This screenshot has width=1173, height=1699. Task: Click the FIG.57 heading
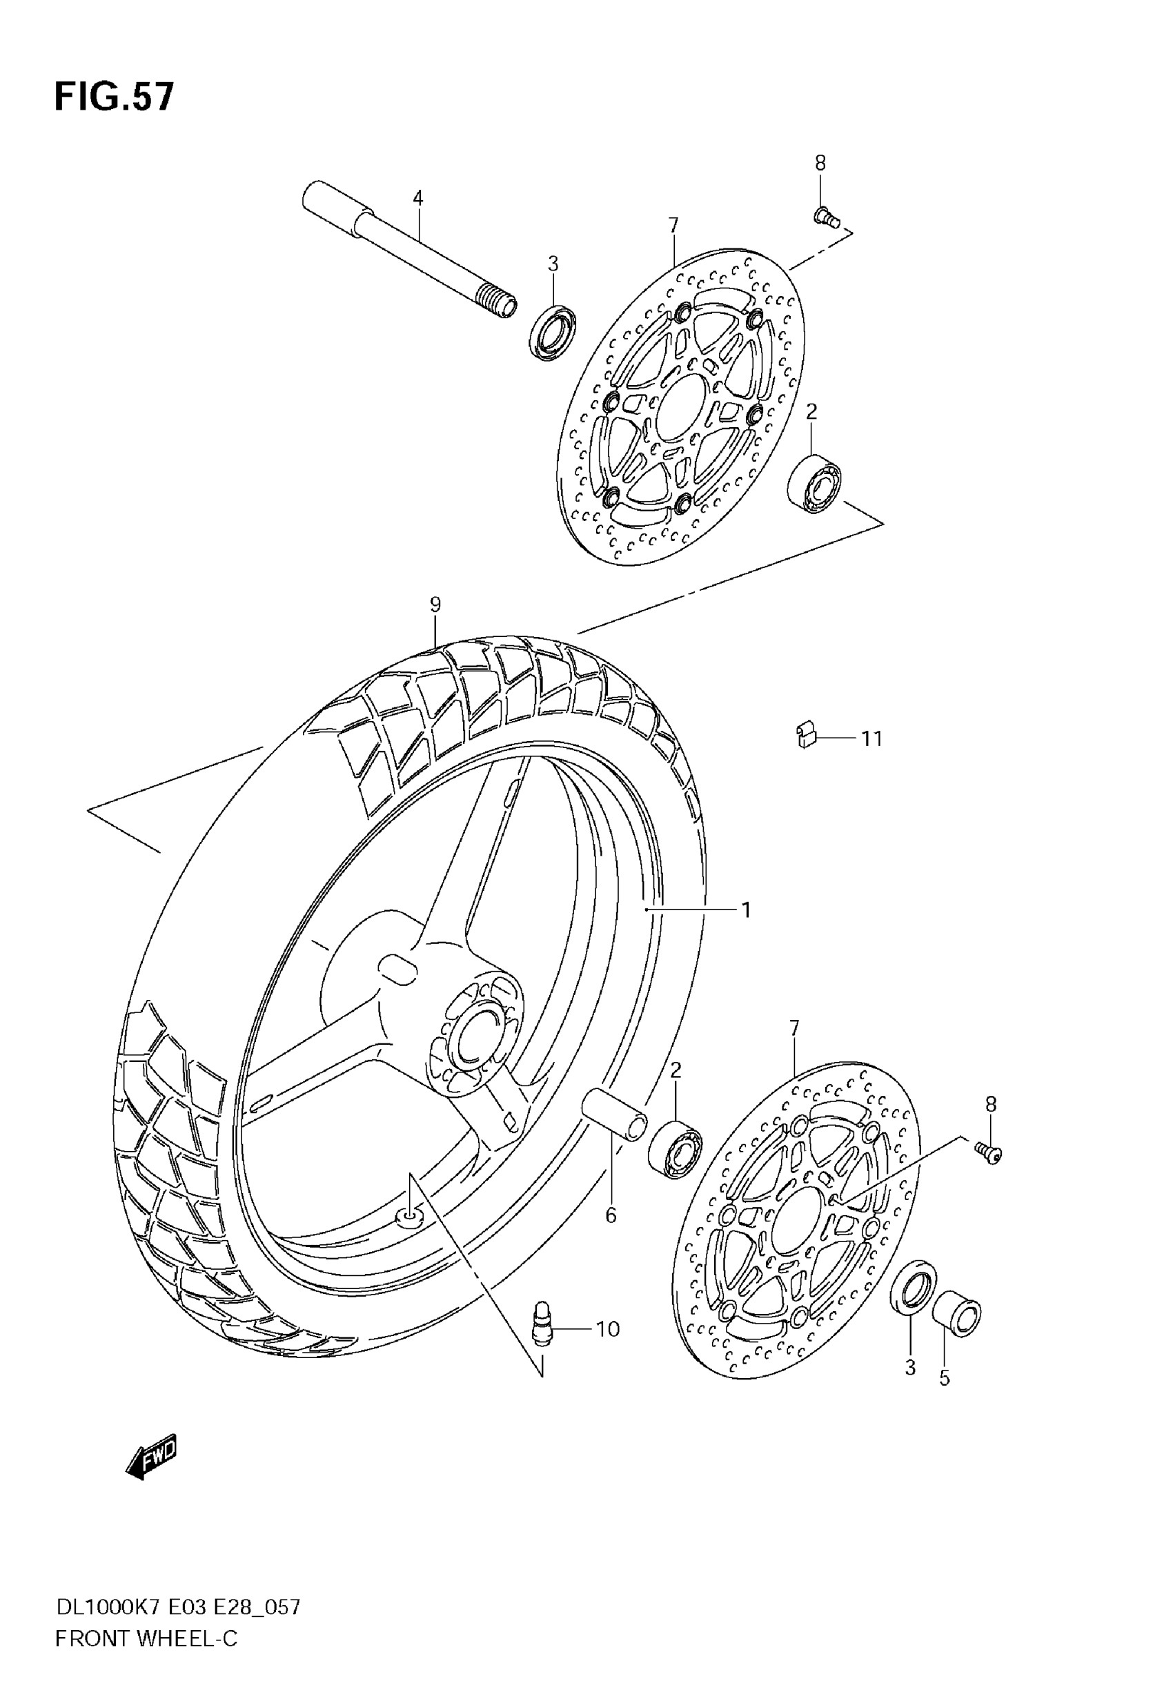click(x=115, y=97)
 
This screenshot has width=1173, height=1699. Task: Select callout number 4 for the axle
click(x=417, y=197)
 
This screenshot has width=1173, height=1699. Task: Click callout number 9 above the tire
click(x=435, y=605)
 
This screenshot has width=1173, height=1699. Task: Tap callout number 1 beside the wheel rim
click(x=746, y=910)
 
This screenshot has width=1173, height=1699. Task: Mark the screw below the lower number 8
click(x=989, y=1155)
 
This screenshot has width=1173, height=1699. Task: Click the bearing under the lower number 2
click(x=675, y=1150)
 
